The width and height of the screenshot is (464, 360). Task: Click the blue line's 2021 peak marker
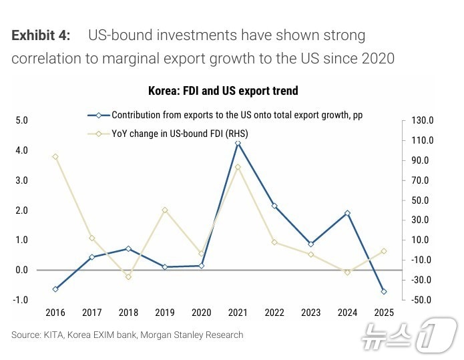(x=238, y=143)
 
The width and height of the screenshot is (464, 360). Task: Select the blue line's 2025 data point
(x=384, y=291)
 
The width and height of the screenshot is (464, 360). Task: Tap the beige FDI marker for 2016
(x=55, y=157)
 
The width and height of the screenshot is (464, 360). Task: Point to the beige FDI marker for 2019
(x=165, y=210)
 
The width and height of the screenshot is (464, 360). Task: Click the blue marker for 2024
(x=347, y=213)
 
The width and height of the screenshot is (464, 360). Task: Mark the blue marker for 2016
(x=55, y=289)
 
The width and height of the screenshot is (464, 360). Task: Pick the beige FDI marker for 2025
(x=384, y=251)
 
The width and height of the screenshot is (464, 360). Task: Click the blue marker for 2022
(x=274, y=206)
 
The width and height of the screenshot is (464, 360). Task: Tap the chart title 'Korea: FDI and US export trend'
(x=223, y=91)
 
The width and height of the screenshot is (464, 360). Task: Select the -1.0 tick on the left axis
(x=21, y=300)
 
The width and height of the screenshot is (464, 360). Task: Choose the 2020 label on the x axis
(x=201, y=313)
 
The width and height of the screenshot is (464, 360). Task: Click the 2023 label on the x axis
(x=310, y=313)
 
